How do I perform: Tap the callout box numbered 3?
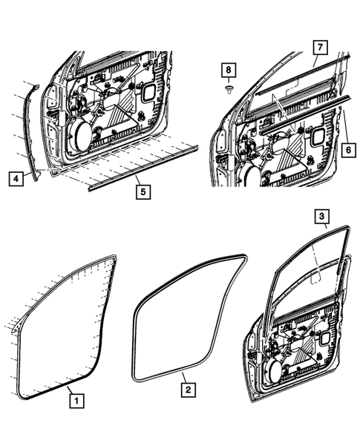[x=321, y=217]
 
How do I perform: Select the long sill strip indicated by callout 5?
[x=141, y=168]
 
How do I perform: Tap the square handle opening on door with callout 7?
[x=319, y=136]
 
